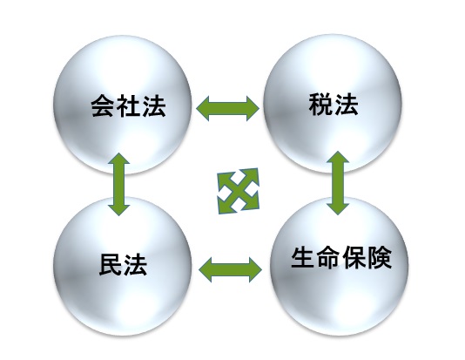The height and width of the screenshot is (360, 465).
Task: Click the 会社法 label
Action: [x=128, y=105]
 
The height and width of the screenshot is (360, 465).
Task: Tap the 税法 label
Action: [x=334, y=105]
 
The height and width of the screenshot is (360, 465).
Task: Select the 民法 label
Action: [x=123, y=264]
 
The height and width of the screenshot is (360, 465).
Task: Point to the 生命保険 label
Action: [x=341, y=257]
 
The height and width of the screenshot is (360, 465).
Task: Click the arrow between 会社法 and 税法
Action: [x=228, y=108]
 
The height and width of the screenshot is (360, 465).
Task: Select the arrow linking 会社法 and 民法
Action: [x=119, y=184]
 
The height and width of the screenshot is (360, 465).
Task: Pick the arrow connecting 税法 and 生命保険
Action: [x=338, y=183]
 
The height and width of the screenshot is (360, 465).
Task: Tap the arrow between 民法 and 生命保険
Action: [x=230, y=269]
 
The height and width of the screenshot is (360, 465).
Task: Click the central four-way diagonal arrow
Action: [x=238, y=191]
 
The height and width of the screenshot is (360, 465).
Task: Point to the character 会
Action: [x=102, y=105]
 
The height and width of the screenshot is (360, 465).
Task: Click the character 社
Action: [x=128, y=105]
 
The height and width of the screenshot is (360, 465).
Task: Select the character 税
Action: [x=320, y=105]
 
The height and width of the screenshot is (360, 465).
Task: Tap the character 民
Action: [x=111, y=264]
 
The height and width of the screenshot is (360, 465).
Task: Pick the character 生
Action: [x=303, y=257]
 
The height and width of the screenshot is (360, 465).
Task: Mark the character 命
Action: [x=328, y=257]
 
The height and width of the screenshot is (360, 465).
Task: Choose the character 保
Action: [x=354, y=257]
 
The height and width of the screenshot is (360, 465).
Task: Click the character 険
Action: [x=380, y=257]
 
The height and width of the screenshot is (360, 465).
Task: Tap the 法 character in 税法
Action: [x=346, y=105]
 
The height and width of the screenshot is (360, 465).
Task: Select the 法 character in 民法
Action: [x=136, y=264]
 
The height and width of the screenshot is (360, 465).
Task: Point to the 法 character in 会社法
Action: [x=154, y=105]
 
